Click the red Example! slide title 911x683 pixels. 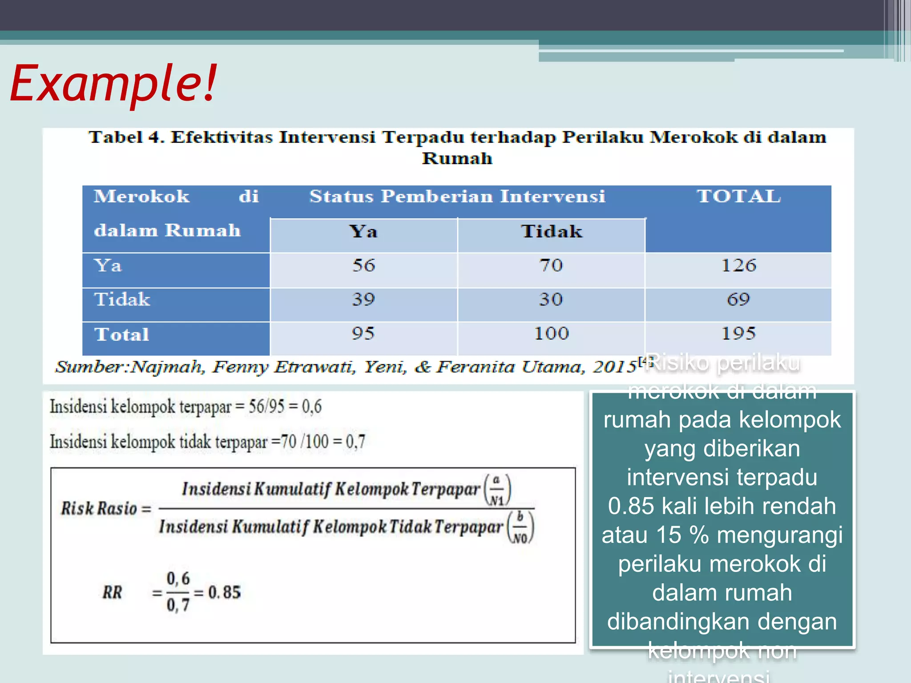point(113,83)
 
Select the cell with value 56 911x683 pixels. point(364,265)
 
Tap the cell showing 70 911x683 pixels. point(551,265)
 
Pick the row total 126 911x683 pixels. point(738,265)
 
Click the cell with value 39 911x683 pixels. point(364,299)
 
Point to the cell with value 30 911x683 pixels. point(551,299)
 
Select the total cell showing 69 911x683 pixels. point(738,299)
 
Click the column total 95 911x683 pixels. point(363,333)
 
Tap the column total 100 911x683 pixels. point(551,333)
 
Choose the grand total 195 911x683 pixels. point(738,333)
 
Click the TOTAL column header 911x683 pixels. point(738,196)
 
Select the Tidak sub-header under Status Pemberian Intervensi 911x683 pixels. point(552,232)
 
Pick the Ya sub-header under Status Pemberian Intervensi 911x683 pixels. point(363,232)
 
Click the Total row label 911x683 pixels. point(122,334)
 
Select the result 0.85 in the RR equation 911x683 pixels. point(224,592)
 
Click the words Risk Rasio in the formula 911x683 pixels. point(99,508)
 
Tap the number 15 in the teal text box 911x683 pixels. point(669,535)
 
